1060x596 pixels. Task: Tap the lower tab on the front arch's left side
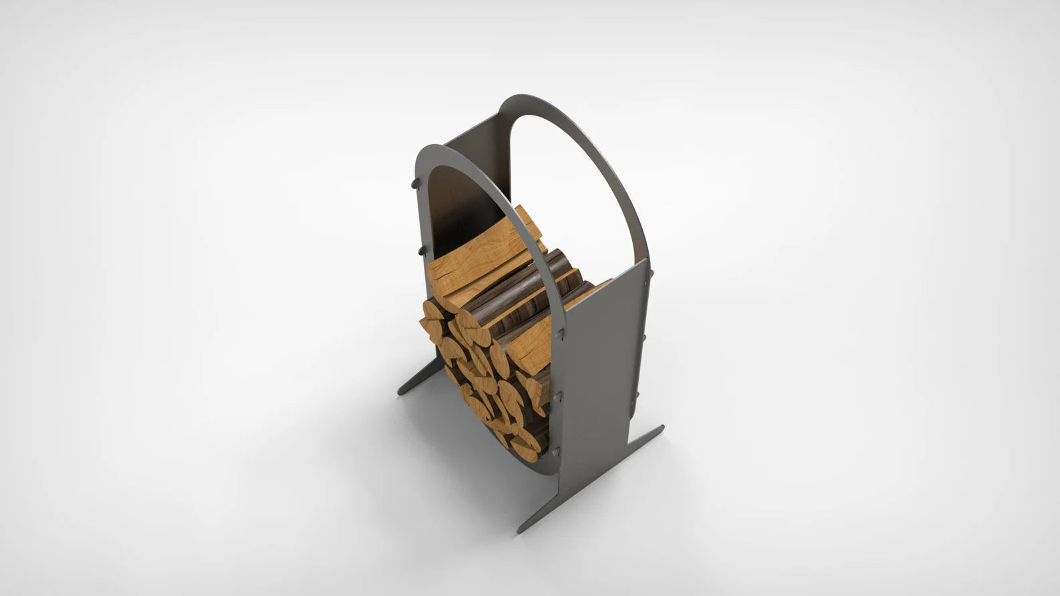click(x=422, y=250)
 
